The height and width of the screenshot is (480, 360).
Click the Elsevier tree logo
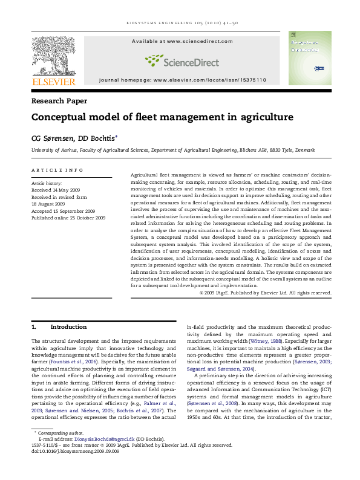tap(53, 53)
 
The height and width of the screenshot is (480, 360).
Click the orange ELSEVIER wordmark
tap(54, 82)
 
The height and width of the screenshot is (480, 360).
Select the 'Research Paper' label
tap(59, 101)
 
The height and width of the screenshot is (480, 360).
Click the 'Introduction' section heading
tap(68, 327)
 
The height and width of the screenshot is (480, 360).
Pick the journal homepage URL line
tap(182, 80)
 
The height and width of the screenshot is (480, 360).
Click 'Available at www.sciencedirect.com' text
tap(182, 41)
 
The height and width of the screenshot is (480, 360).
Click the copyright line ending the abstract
tap(265, 293)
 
